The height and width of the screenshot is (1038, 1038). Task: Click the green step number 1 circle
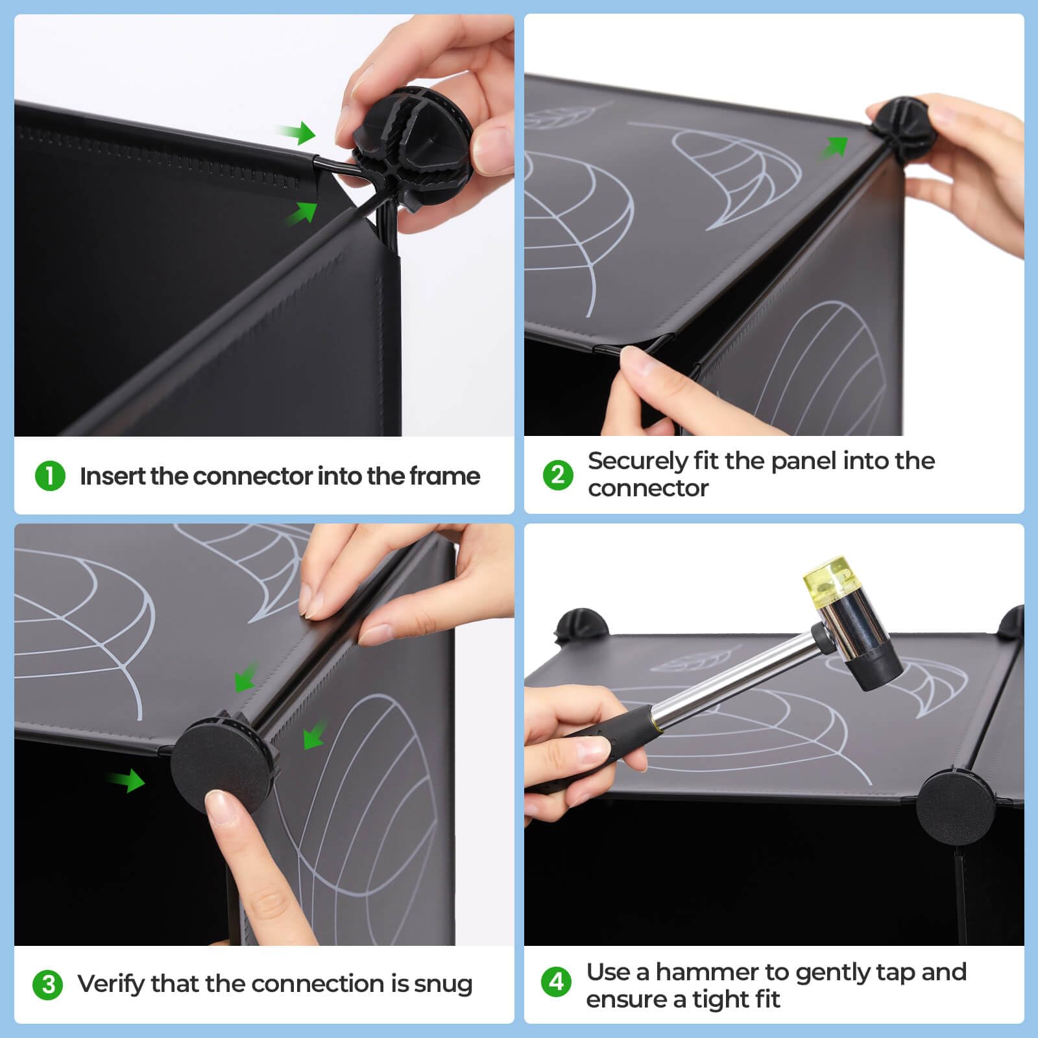(50, 476)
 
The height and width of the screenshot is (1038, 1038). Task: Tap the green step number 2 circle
(558, 475)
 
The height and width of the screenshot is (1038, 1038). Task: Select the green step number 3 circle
(48, 985)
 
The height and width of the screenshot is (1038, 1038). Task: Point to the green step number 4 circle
(557, 982)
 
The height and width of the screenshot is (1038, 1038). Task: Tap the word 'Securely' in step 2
(637, 461)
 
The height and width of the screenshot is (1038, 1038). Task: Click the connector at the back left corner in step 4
(582, 625)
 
